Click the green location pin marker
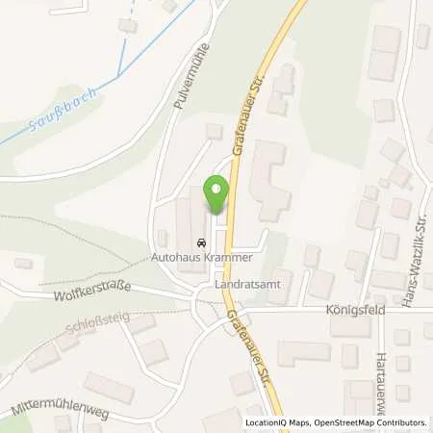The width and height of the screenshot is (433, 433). [x=216, y=193]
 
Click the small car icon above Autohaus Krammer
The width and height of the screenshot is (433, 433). [x=200, y=242]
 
